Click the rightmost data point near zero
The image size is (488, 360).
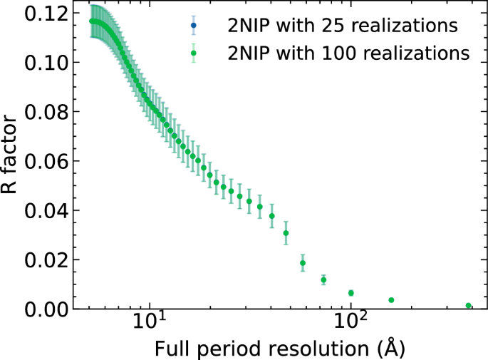469,306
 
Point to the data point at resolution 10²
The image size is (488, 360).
351,293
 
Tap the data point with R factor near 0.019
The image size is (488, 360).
303,263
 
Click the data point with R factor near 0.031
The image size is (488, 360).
286,233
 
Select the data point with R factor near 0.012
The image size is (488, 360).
323,279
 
